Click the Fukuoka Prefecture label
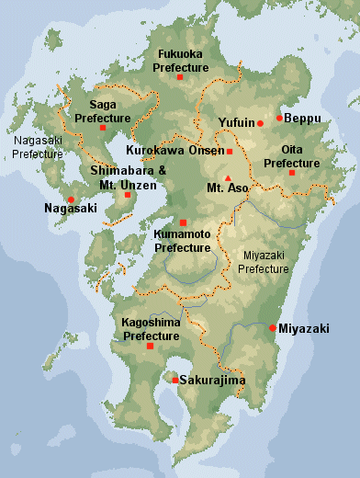point(181,61)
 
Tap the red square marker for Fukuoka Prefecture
point(180,78)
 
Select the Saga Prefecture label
point(103,111)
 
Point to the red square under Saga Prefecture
point(103,128)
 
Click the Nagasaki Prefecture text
point(38,147)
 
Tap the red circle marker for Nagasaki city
point(71,199)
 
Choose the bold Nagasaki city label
point(70,210)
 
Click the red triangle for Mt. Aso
point(228,178)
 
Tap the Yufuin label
point(236,122)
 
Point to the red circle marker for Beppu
point(279,118)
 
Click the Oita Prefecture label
point(292,156)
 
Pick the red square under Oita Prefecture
point(292,173)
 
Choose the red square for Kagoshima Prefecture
point(150,347)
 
